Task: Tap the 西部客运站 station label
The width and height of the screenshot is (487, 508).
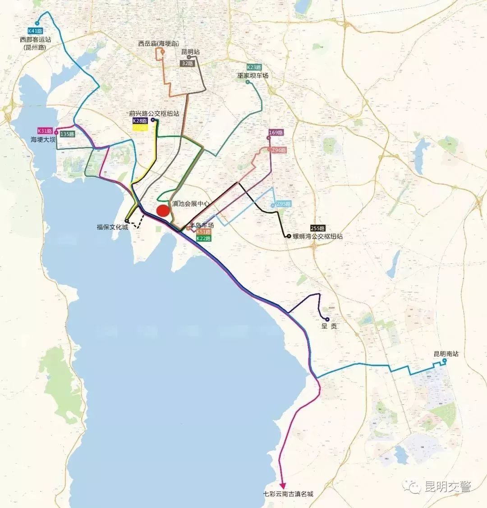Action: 36,40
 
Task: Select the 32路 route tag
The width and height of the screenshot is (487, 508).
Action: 187,64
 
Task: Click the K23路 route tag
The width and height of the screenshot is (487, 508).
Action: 254,67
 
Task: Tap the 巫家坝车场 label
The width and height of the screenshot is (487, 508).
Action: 253,75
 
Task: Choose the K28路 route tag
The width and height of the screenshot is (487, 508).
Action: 139,121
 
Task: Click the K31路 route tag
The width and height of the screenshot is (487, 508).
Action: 45,131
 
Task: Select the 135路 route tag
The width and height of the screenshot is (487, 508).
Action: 67,134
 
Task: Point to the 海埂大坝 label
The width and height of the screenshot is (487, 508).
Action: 43,140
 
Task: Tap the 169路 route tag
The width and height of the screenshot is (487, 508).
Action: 276,133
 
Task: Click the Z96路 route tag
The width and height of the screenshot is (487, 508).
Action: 279,150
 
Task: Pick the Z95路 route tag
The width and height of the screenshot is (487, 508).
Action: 284,204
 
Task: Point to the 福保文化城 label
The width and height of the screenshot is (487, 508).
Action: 112,227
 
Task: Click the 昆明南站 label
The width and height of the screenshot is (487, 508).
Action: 446,354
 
